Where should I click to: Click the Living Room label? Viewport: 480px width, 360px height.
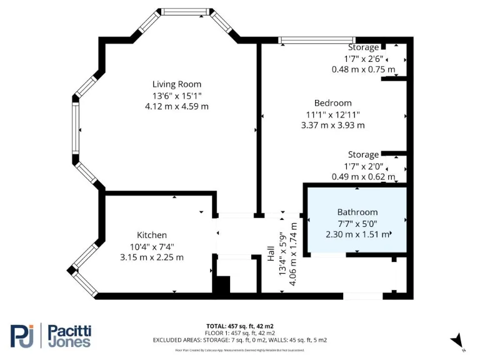point(177,84)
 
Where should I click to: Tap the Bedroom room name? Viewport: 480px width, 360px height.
point(332,103)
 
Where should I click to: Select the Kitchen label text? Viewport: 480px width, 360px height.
point(152,235)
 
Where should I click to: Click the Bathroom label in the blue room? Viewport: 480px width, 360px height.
point(357,212)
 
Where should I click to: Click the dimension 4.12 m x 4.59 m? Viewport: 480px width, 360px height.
point(177,106)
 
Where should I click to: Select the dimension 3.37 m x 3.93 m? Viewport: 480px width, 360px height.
point(332,125)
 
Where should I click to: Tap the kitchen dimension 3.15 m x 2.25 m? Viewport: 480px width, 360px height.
point(152,257)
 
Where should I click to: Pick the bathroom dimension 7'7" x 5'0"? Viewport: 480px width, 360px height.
point(357,223)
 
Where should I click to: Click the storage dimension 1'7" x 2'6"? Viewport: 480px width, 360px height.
point(363,58)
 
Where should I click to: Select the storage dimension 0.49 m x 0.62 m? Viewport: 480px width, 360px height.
point(363,177)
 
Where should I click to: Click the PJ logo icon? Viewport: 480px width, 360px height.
point(23,336)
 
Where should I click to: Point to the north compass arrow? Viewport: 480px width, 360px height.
point(458,340)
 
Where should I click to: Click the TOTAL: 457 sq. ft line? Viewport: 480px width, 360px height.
point(239,326)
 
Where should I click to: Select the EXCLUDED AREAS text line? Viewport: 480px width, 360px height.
point(239,340)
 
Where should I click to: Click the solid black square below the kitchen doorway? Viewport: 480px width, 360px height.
point(221,284)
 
